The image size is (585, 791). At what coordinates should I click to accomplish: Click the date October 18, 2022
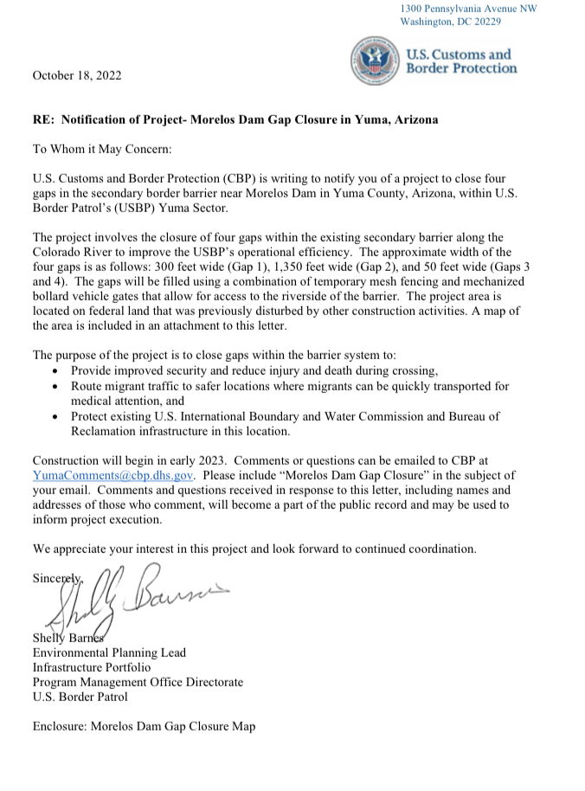coord(77,75)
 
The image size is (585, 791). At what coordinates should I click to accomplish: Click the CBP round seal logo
coord(374,60)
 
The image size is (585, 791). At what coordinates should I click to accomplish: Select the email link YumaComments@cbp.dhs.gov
coord(113,474)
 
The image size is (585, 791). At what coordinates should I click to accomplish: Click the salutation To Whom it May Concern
coord(102,149)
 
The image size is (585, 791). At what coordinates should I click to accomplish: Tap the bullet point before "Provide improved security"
coord(56,370)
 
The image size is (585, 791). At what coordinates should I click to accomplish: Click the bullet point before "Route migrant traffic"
coord(56,386)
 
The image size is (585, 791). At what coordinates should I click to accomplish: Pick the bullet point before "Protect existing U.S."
coord(56,417)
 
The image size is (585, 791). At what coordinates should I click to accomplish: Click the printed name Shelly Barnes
coord(68,638)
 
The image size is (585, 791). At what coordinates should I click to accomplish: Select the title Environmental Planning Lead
coord(109,653)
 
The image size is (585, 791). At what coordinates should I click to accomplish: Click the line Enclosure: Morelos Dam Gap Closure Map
coord(144,726)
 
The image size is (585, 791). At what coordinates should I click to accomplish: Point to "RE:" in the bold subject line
coord(44,119)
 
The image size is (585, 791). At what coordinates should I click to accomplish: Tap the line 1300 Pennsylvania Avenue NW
coord(468,8)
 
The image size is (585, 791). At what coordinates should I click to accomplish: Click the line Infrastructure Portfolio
coord(91,667)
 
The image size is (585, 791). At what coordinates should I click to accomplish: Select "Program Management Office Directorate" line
coord(138,682)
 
